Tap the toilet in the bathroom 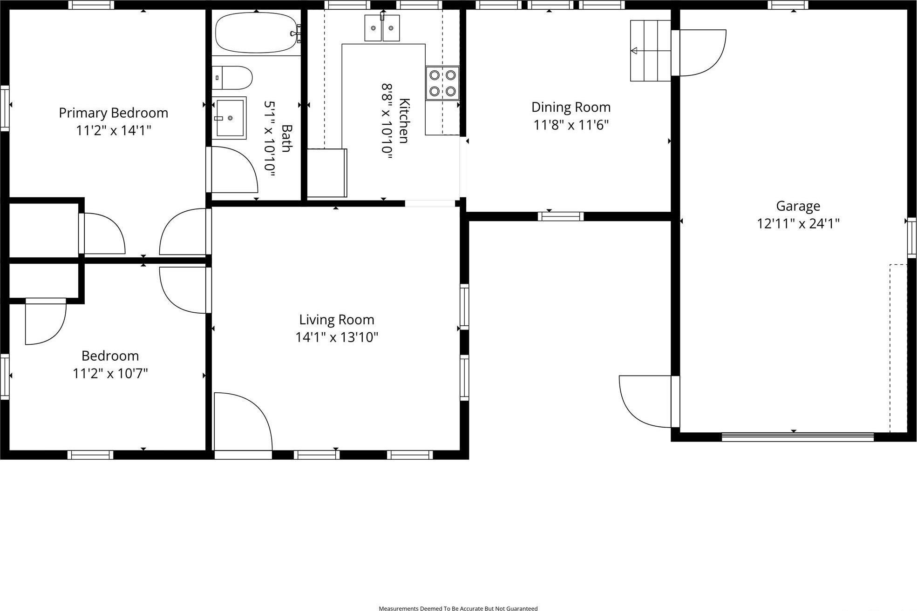tap(233, 78)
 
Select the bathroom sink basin tap(230, 118)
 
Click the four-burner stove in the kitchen tap(442, 83)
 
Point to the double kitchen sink tap(382, 28)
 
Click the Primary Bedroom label tap(113, 113)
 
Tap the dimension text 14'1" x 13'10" tap(336, 337)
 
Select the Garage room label tap(798, 206)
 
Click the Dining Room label tap(571, 107)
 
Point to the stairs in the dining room tap(650, 51)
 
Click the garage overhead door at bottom tap(797, 436)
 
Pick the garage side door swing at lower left tap(645, 401)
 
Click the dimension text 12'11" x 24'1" tap(798, 224)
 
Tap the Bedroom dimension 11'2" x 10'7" tap(110, 374)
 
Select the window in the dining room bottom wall tap(560, 216)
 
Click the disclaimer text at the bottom tap(458, 608)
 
